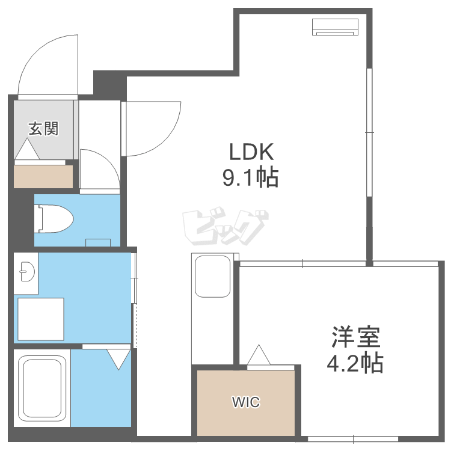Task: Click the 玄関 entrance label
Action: [44, 129]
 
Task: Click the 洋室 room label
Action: [356, 337]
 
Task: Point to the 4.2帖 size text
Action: [355, 363]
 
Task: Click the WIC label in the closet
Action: [246, 402]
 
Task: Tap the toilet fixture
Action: [54, 219]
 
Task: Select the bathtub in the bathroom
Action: [42, 387]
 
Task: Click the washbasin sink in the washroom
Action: [27, 271]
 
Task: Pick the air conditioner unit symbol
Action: [335, 27]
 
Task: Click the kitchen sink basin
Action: [212, 277]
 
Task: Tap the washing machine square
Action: [40, 319]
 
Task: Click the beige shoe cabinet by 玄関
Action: [43, 177]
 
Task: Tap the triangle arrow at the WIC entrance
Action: [259, 354]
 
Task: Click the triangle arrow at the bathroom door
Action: [118, 359]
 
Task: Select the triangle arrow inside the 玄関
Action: [27, 149]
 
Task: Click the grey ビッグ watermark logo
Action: [225, 226]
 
